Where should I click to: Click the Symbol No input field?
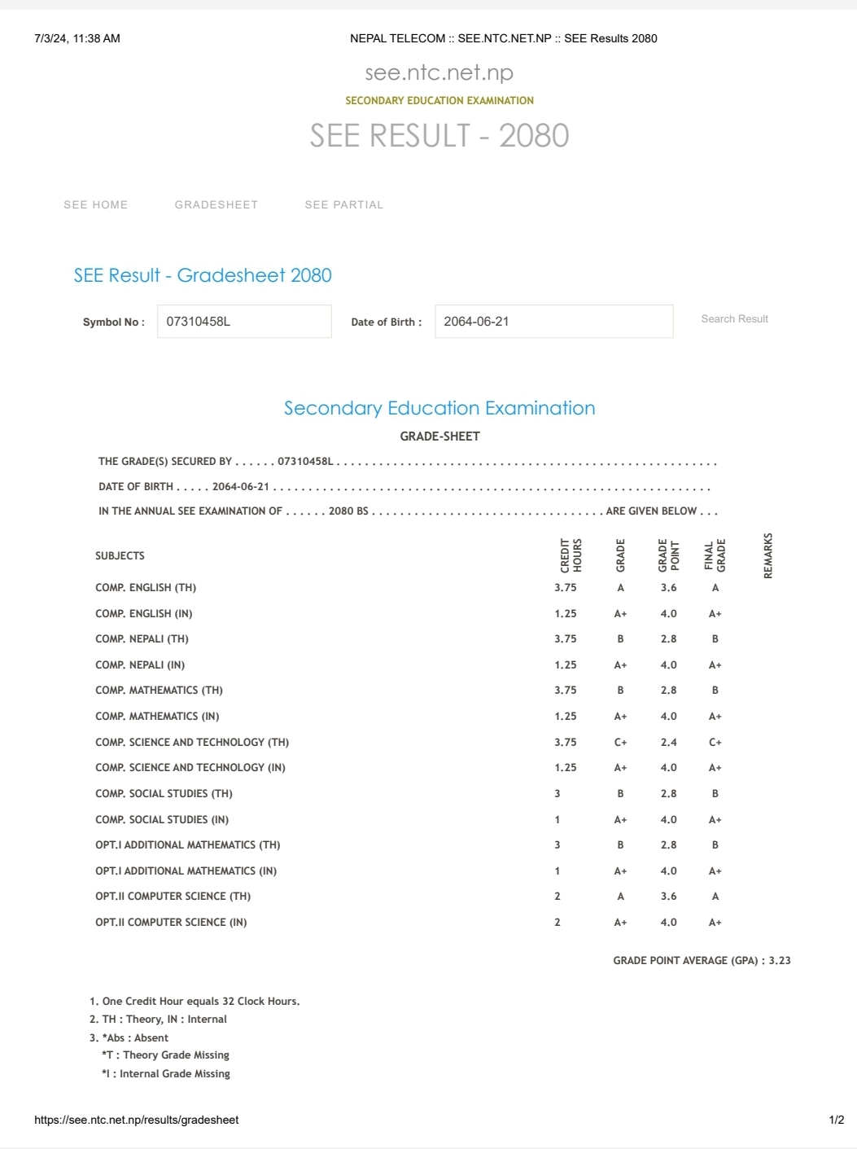tap(244, 322)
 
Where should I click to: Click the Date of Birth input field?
tap(553, 322)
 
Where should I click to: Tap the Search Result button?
tap(734, 319)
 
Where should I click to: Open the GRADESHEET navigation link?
tap(216, 205)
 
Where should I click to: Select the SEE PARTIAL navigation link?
tap(343, 205)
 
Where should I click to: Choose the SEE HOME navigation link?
tap(95, 205)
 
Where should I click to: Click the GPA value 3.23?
tap(780, 961)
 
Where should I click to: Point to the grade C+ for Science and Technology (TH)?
tap(620, 743)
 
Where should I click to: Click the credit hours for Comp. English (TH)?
tap(566, 588)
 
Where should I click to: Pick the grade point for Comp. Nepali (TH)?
tap(668, 639)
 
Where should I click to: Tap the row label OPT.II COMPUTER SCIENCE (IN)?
tap(171, 923)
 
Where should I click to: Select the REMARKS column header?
tap(767, 556)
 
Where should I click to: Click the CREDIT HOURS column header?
tap(571, 556)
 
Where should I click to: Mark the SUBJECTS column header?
tap(120, 556)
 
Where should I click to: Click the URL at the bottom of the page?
tap(137, 1120)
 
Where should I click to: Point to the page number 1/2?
tap(836, 1120)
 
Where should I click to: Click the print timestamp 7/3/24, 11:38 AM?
tap(77, 38)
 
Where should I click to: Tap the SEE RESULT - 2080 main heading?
tap(439, 136)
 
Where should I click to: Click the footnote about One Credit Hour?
tap(195, 1002)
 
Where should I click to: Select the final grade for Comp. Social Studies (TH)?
tap(715, 794)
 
